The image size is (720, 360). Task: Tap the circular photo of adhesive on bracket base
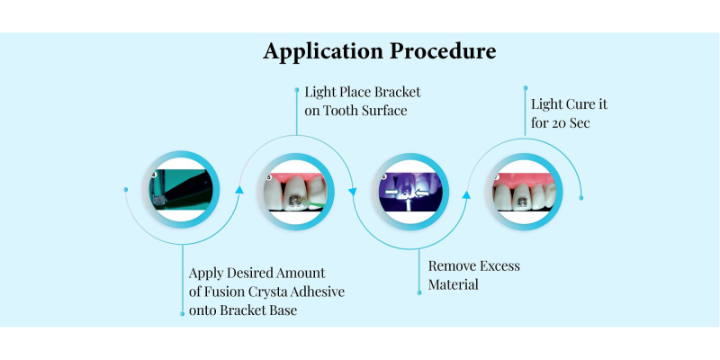182,189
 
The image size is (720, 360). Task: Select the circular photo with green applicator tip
296,192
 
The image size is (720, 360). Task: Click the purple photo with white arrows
410,192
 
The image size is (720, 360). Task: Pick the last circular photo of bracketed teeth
524,192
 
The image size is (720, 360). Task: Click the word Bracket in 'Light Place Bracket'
397,92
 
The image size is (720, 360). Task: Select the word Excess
499,265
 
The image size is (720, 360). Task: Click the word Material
454,284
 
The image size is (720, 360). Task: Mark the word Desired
247,273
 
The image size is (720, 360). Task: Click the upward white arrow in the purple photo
409,204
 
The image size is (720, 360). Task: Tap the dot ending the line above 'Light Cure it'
526,87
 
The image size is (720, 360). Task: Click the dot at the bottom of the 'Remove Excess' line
419,292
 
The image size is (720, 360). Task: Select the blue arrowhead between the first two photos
239,189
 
